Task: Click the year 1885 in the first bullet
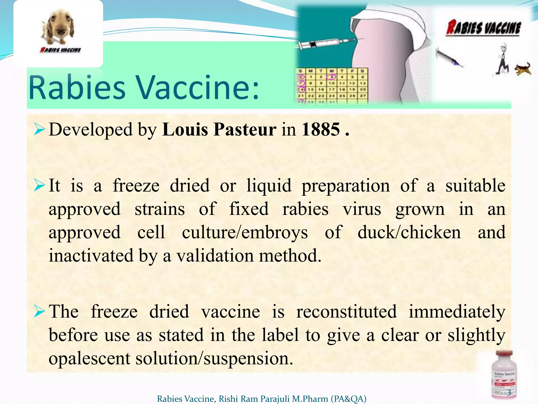321,130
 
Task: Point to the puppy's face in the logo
58,25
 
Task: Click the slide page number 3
509,392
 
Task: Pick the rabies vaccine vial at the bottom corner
504,375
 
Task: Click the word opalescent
89,358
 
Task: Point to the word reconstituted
346,312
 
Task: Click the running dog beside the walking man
523,69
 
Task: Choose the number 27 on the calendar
363,96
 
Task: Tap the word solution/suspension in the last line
214,358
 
